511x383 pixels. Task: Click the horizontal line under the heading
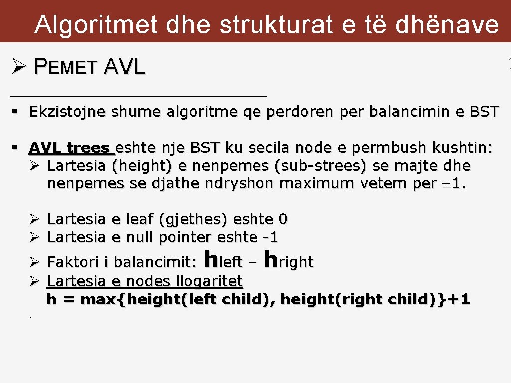pyautogui.click(x=139, y=95)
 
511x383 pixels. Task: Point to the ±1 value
pyautogui.click(x=456, y=184)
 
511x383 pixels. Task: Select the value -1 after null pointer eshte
pyautogui.click(x=270, y=237)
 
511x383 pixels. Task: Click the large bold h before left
pyautogui.click(x=212, y=259)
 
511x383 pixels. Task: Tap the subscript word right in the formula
pyautogui.click(x=296, y=262)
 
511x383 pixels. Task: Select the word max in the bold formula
pyautogui.click(x=100, y=300)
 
